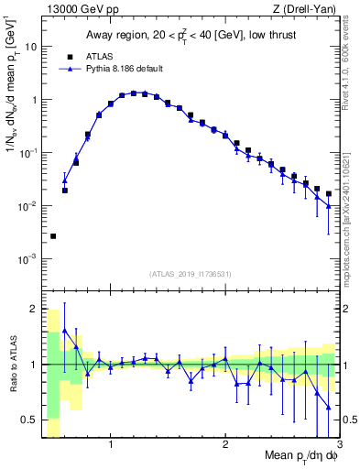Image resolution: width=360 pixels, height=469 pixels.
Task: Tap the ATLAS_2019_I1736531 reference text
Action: pos(191,272)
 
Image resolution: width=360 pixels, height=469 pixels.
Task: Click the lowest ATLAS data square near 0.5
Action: pos(53,236)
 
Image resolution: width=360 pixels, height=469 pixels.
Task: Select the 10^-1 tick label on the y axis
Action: pos(29,152)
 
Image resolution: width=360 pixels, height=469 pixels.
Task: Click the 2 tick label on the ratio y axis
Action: pos(34,308)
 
